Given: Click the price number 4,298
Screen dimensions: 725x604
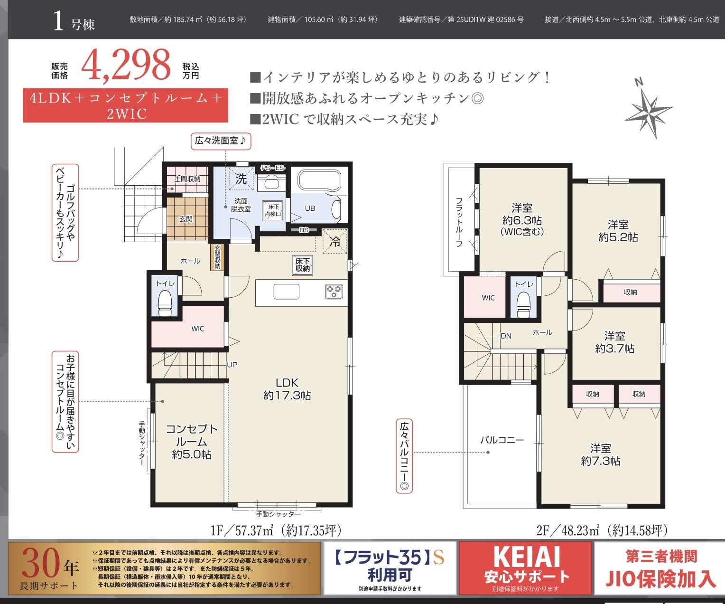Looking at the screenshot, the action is coord(126,66).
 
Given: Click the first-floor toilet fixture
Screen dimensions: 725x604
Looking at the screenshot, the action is coord(165,303).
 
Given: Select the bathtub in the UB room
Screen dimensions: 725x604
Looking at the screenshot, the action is coord(319,180).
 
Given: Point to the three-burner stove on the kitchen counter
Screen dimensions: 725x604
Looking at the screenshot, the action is coord(334,291).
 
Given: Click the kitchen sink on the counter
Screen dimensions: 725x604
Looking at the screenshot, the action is coord(287,292).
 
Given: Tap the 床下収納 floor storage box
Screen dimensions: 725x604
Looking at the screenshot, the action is coord(302,265).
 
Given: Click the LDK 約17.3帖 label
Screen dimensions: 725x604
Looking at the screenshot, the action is coord(287,389).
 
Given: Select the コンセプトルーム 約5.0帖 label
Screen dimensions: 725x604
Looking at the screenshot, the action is coord(192,441).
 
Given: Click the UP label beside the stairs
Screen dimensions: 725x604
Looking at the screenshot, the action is coord(232,365).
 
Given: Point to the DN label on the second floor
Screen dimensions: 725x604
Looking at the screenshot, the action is coord(506,336).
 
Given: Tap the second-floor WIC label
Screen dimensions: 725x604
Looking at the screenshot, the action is coord(488,298).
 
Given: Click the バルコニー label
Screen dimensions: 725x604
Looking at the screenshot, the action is coord(502,440).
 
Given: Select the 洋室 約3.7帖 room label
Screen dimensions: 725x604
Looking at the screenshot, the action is coord(615,342).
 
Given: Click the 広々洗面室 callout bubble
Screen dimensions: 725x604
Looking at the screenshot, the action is coord(221,141).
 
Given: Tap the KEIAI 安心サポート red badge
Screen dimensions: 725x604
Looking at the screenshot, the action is coord(526,568).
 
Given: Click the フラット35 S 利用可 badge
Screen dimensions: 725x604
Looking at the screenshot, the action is coord(390,568).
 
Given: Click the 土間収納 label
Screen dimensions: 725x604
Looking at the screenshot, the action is coord(187,179).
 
